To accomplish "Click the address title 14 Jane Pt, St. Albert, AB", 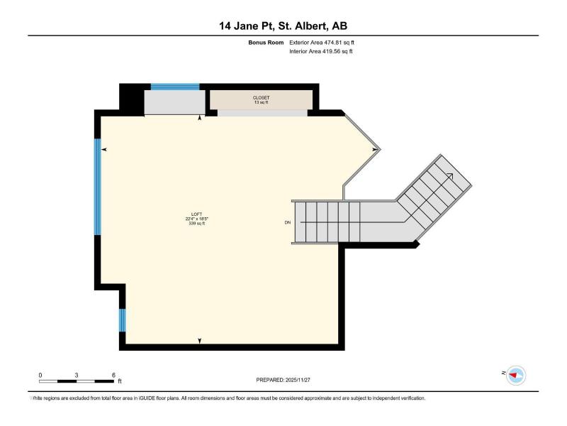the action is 283,26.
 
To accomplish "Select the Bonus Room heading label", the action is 266,43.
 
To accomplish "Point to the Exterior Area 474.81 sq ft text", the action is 322,43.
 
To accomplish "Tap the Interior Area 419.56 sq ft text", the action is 321,51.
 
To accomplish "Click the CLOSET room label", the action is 261,98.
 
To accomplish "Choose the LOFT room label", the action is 197,214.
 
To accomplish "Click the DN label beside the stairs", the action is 288,223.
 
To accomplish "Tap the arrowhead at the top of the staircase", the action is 451,175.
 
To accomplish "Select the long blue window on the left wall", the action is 98,187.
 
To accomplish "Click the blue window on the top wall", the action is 175,87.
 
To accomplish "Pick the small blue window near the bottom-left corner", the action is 123,320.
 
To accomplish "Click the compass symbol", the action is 516,376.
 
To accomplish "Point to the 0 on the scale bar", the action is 40,376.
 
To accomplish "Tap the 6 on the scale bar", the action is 113,376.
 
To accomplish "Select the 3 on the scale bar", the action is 77,376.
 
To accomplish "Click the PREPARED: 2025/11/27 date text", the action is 283,380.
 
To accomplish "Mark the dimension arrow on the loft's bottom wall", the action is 200,341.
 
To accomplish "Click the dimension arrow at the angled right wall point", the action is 376,149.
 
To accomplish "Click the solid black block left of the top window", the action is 131,99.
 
